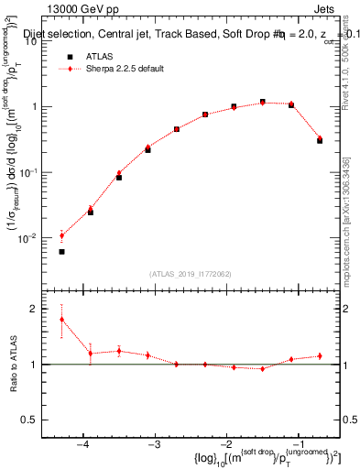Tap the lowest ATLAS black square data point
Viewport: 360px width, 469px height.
(61, 251)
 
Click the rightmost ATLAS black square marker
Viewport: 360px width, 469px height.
(320, 115)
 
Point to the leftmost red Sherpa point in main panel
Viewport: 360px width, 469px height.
(61, 235)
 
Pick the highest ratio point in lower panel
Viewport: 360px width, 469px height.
(61, 320)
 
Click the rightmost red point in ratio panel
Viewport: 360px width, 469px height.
(320, 355)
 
